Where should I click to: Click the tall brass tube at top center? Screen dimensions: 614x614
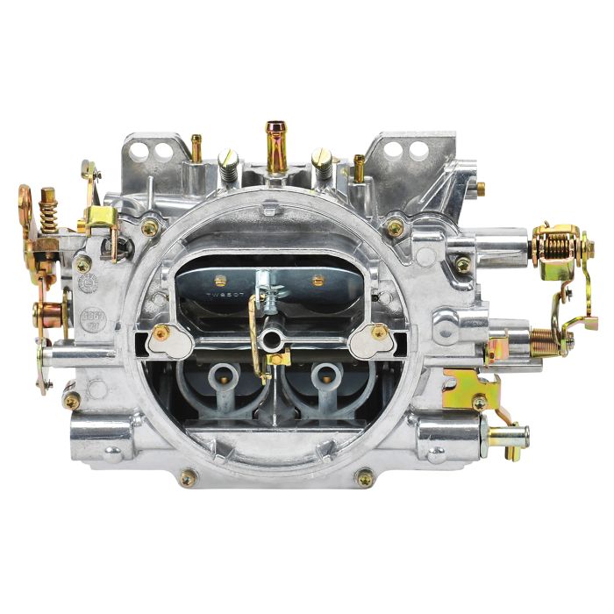pyautogui.click(x=275, y=147)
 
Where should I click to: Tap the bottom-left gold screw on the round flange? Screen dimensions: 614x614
pyautogui.click(x=188, y=478)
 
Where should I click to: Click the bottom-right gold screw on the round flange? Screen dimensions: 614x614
pyautogui.click(x=365, y=478)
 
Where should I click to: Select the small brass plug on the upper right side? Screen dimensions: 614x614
pyautogui.click(x=480, y=188)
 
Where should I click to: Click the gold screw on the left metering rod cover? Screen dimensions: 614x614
pyautogui.click(x=161, y=332)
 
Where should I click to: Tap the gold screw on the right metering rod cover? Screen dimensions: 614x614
pyautogui.click(x=378, y=332)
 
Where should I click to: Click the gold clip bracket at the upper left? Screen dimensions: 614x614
pyautogui.click(x=102, y=218)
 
